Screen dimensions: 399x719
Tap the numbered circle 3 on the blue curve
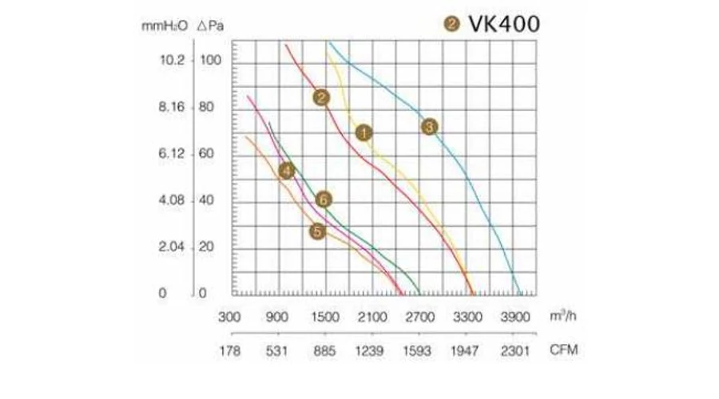pos(429,126)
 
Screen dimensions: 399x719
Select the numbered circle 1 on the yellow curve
pos(363,132)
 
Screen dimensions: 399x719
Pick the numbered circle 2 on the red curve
pos(321,97)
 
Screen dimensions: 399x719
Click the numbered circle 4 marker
pos(287,169)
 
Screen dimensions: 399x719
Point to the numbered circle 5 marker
pos(318,231)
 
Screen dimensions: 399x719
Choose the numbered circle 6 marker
pos(323,199)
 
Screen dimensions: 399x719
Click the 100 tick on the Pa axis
pos(209,61)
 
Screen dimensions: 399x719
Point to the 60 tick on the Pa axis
pos(206,154)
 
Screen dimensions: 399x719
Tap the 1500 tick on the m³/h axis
pos(326,316)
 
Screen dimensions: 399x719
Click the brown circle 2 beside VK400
pos(452,26)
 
